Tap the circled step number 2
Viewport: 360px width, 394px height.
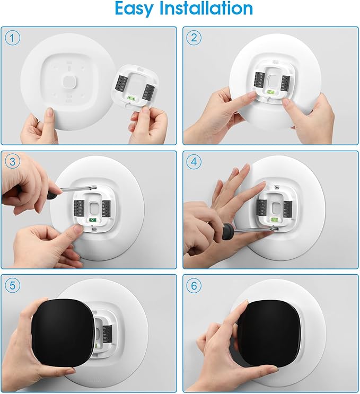tap(195, 38)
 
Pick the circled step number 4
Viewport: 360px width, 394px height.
tap(195, 161)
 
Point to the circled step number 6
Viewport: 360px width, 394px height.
tap(195, 285)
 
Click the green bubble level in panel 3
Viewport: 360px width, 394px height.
tap(92, 219)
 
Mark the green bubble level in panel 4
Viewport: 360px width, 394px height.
tap(274, 218)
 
